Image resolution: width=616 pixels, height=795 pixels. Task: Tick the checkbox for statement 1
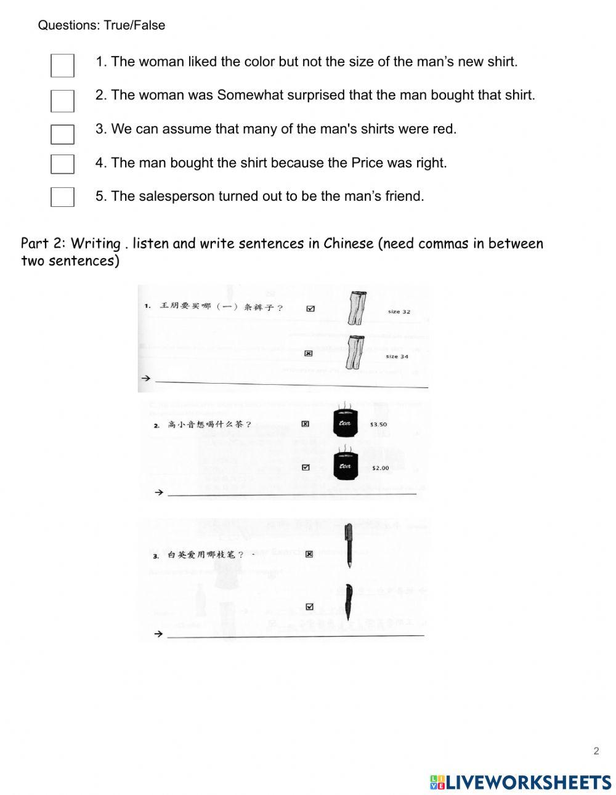(x=62, y=65)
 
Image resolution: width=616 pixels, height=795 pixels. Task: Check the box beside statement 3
(x=62, y=134)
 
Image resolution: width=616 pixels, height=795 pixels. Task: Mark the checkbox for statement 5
(x=62, y=196)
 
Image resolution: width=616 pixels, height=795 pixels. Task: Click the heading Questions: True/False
(x=102, y=25)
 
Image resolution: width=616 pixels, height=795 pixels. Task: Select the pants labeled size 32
(x=355, y=308)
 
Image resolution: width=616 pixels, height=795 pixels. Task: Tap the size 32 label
(x=399, y=312)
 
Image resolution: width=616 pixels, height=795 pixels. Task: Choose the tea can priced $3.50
(x=345, y=423)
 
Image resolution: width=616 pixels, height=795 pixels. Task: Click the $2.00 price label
(x=380, y=468)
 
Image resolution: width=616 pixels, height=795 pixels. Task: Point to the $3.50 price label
(x=378, y=424)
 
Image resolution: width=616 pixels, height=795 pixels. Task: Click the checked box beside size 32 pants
(x=310, y=309)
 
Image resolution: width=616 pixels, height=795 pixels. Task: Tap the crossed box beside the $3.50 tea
(x=305, y=424)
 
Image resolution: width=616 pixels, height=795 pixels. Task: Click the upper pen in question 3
(x=348, y=544)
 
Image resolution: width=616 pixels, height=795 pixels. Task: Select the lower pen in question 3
(x=348, y=602)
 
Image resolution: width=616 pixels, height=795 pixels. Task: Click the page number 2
(x=596, y=751)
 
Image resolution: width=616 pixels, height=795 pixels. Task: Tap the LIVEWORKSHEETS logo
(x=521, y=782)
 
